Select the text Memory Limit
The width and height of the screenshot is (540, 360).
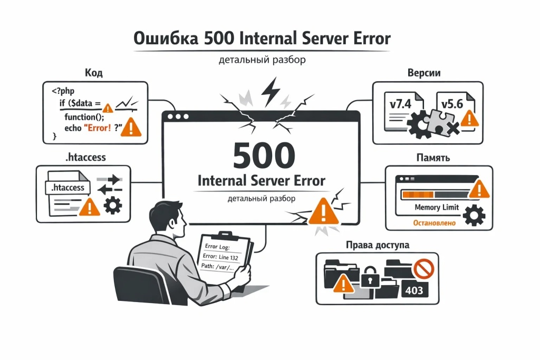pyautogui.click(x=437, y=208)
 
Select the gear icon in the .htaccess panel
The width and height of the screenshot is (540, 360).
pyautogui.click(x=113, y=205)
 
